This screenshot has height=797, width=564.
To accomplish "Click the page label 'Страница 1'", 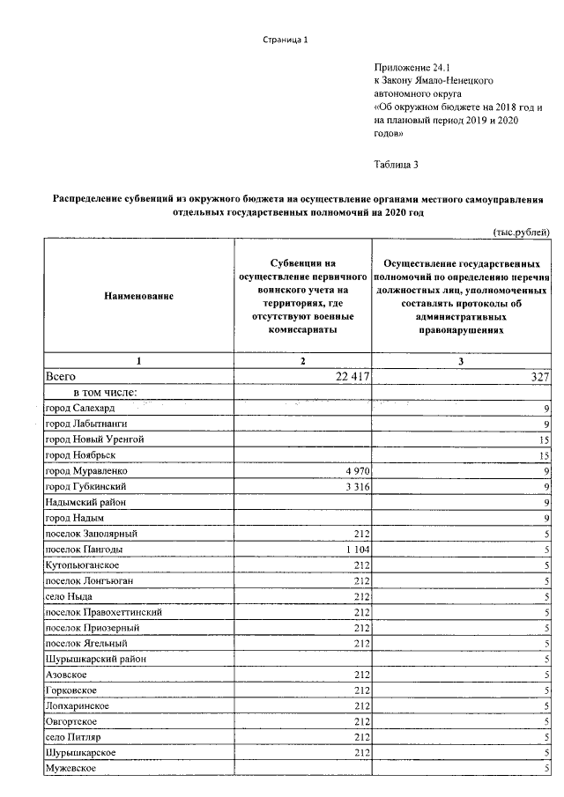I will click(x=286, y=40).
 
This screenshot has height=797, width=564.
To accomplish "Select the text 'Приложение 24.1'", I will click(x=412, y=66).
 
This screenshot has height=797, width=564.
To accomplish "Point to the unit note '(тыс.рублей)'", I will click(x=522, y=230).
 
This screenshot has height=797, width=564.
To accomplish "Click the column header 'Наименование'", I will click(x=136, y=297).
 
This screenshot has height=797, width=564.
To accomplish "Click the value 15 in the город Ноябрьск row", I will click(x=544, y=455).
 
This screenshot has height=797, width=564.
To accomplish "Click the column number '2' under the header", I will click(x=301, y=361).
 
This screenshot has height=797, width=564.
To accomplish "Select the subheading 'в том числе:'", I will click(x=105, y=393).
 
